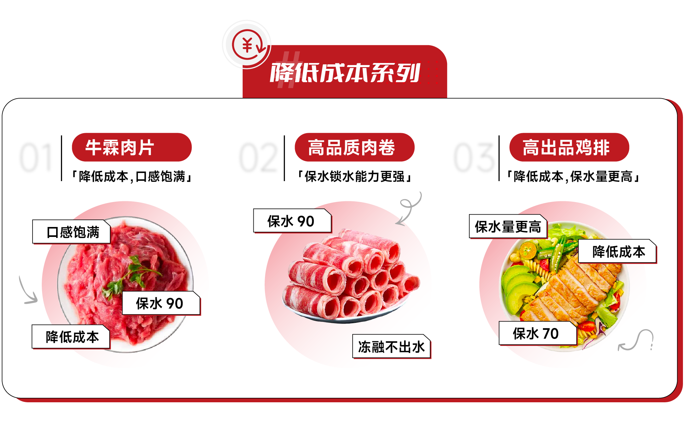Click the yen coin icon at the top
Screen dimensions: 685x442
coord(247,45)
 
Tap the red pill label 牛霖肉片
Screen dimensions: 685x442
coord(132,147)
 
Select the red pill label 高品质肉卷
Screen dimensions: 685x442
coord(355,147)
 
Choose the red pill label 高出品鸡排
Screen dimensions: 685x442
coord(569,147)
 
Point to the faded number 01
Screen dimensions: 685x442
coord(36,158)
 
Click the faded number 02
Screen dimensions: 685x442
coord(258,158)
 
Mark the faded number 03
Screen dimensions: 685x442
coord(474,158)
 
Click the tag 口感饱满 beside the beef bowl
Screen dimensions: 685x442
coord(72,232)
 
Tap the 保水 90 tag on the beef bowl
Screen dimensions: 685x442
coord(161,303)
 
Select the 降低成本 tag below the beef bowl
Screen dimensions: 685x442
coord(71,337)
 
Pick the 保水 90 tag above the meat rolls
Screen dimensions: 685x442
coord(292,221)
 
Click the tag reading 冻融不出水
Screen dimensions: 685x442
coord(392,346)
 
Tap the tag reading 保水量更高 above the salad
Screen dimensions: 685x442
coord(508,226)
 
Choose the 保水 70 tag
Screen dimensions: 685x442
coord(538,333)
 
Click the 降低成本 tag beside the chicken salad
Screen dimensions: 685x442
coord(618,251)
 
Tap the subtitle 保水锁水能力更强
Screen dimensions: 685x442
coord(355,177)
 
